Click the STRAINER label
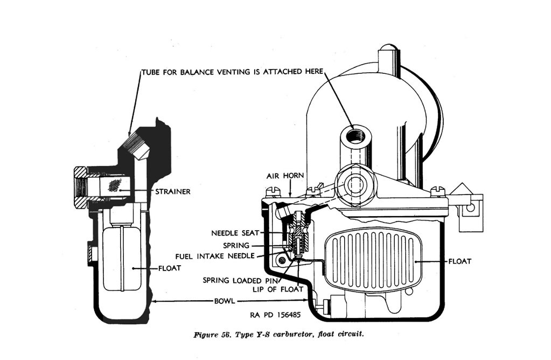172,191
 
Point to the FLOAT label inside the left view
169,267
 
